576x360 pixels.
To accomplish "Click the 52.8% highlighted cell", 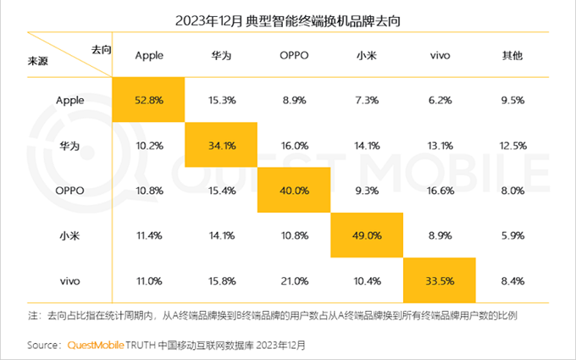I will [148, 99].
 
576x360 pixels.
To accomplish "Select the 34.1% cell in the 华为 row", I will [221, 144].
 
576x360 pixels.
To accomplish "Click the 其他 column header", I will [512, 55].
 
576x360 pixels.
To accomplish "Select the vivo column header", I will [440, 55].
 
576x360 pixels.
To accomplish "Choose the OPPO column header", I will [294, 55].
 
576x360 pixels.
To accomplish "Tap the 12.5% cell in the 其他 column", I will [512, 144].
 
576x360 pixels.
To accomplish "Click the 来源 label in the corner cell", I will [38, 63].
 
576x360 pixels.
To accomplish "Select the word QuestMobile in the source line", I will [94, 346].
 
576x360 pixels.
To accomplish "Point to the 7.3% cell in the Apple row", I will [367, 99].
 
